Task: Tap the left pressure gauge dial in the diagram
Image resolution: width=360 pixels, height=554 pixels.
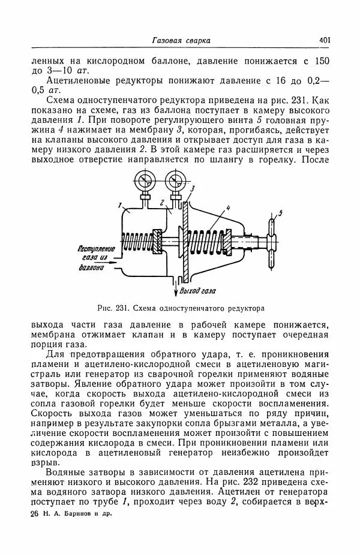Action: click(144, 180)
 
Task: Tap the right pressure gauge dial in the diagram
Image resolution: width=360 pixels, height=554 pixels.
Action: click(176, 180)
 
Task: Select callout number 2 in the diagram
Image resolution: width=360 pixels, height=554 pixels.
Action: click(162, 203)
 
